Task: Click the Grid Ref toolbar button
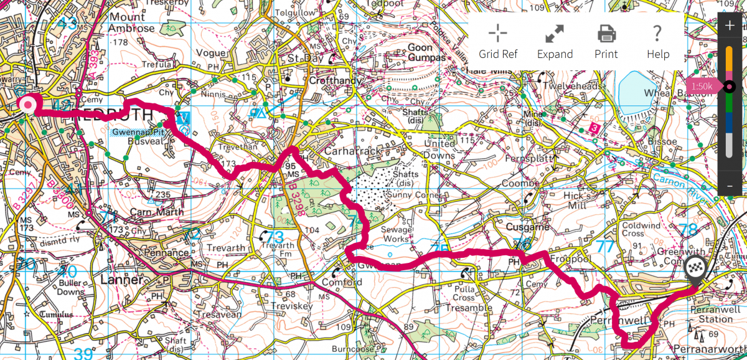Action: coord(497,41)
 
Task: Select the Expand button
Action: coord(555,41)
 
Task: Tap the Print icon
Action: coord(606,41)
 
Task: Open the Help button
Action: coord(657,41)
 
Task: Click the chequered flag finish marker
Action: coord(695,269)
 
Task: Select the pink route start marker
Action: coord(27,104)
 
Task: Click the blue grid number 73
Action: coord(275,237)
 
